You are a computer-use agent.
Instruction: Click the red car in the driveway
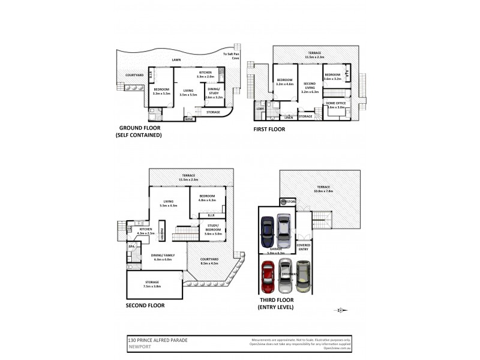(x=268, y=277)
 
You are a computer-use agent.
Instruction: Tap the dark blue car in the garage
(x=268, y=227)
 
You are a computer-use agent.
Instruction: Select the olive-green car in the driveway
(x=304, y=277)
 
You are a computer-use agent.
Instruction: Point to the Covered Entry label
(x=304, y=247)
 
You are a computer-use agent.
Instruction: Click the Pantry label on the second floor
(x=161, y=231)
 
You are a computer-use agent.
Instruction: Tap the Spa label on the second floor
(x=131, y=247)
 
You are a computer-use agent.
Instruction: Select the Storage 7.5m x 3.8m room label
(x=152, y=284)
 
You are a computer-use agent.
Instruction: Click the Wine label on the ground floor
(x=189, y=119)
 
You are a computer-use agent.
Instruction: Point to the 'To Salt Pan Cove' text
(x=231, y=56)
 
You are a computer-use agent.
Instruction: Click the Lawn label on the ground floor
(x=176, y=60)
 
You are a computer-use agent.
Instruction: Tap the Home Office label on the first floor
(x=336, y=104)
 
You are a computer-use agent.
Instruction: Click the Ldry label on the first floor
(x=260, y=109)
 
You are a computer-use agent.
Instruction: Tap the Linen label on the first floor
(x=288, y=118)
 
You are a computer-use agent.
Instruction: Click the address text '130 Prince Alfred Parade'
(x=158, y=340)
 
